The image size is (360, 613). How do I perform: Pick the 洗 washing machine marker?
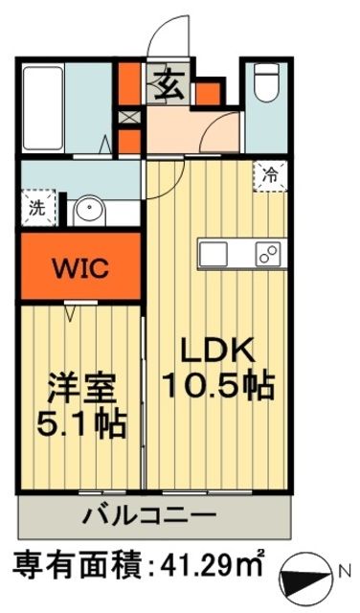pos(35,206)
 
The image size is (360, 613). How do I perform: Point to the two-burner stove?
pos(267,254)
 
